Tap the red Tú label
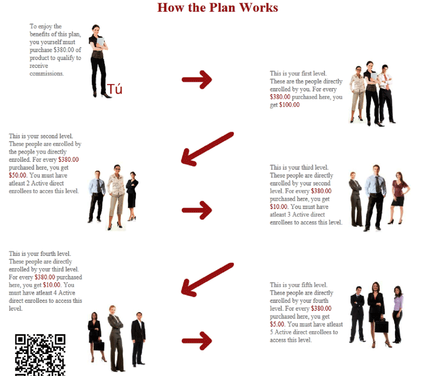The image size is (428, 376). tap(114, 89)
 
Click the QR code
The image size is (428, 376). tap(40, 355)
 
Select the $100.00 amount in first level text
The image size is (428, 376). tap(289, 105)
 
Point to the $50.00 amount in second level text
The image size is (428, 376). tap(18, 175)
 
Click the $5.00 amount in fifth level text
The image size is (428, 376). tap(277, 324)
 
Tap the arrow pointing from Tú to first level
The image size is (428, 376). tap(197, 80)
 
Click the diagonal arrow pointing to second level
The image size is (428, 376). tap(207, 149)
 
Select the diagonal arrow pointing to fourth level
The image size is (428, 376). tap(207, 280)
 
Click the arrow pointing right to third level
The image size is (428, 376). tap(197, 210)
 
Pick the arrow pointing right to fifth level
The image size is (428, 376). tap(197, 341)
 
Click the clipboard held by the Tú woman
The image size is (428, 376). tap(101, 42)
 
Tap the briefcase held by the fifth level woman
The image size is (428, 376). tap(381, 326)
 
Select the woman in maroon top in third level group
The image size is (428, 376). tap(399, 198)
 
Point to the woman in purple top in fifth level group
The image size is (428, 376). tap(398, 314)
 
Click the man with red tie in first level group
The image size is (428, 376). tap(386, 94)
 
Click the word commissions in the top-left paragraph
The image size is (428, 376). tap(47, 73)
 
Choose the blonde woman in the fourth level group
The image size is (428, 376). tap(116, 339)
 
